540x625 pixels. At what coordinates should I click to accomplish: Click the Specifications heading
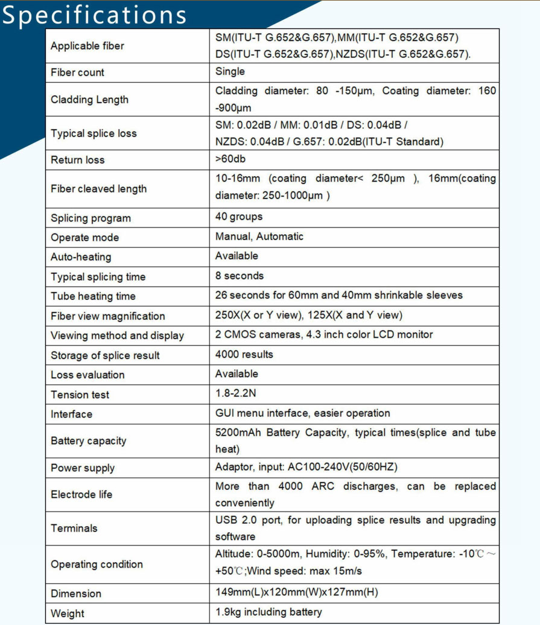tap(94, 15)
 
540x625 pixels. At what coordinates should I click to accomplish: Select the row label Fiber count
tap(77, 72)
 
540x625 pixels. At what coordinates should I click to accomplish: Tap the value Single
tap(230, 71)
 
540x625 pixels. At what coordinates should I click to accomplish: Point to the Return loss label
tap(77, 160)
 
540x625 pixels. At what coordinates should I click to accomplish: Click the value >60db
tap(230, 159)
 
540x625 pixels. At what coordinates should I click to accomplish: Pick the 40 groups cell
tap(239, 217)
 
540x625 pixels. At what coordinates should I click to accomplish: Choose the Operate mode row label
tap(84, 237)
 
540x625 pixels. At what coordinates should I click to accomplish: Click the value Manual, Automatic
tap(259, 236)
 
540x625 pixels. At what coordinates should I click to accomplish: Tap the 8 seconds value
tap(240, 276)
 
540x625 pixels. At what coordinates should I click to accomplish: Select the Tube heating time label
tap(93, 296)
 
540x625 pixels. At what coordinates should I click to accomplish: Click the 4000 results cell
tap(244, 354)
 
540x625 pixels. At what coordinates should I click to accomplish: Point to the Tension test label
tap(80, 395)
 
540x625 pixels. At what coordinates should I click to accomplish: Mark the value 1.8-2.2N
tap(236, 393)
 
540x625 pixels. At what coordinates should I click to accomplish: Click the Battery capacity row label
tap(88, 441)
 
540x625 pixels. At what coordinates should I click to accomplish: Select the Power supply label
tap(82, 468)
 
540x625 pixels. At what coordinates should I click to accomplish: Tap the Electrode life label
tap(81, 495)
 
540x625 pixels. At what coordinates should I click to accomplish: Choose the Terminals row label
tap(74, 528)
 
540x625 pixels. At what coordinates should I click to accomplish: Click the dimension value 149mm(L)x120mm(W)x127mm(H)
tap(297, 592)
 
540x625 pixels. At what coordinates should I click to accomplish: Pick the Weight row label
tap(68, 614)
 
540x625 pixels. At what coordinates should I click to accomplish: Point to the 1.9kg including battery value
tap(268, 612)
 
